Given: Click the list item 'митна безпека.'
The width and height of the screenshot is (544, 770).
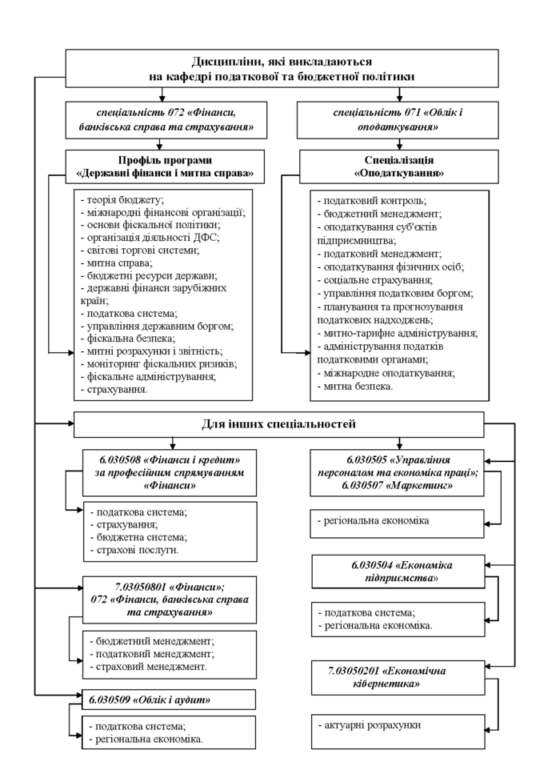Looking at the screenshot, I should [357, 386].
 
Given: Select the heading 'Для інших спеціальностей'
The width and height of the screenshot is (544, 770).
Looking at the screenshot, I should [278, 423].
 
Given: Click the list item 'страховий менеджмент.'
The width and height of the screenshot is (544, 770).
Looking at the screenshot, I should [150, 666].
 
